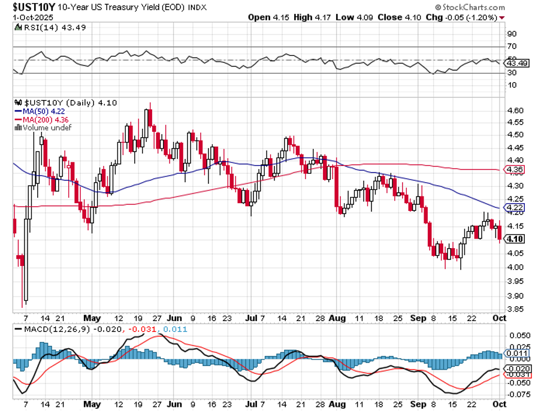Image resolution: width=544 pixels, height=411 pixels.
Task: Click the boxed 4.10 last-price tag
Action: (x=515, y=239)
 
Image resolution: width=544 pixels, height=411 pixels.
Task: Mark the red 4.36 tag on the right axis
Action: (x=515, y=170)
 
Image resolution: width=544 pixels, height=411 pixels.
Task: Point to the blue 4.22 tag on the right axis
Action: (x=515, y=208)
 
